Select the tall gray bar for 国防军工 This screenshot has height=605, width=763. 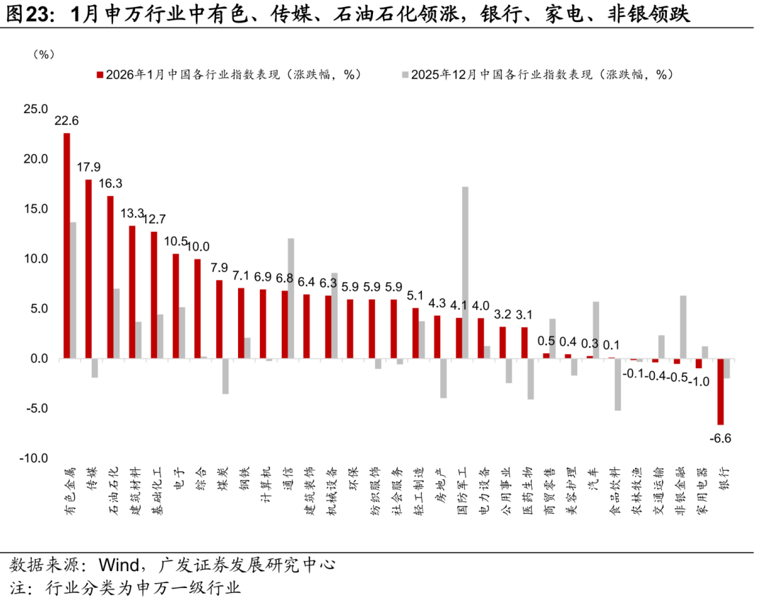[465, 272]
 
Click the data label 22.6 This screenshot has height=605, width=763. [66, 121]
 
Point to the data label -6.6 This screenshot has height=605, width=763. [721, 438]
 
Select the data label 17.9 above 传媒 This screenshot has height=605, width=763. [88, 168]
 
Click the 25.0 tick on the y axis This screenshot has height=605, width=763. [35, 110]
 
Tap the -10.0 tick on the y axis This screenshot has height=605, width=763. [33, 459]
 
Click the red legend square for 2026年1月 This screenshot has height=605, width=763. [100, 75]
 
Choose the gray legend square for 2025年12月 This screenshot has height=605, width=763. [405, 75]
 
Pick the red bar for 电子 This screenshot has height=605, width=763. [176, 306]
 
